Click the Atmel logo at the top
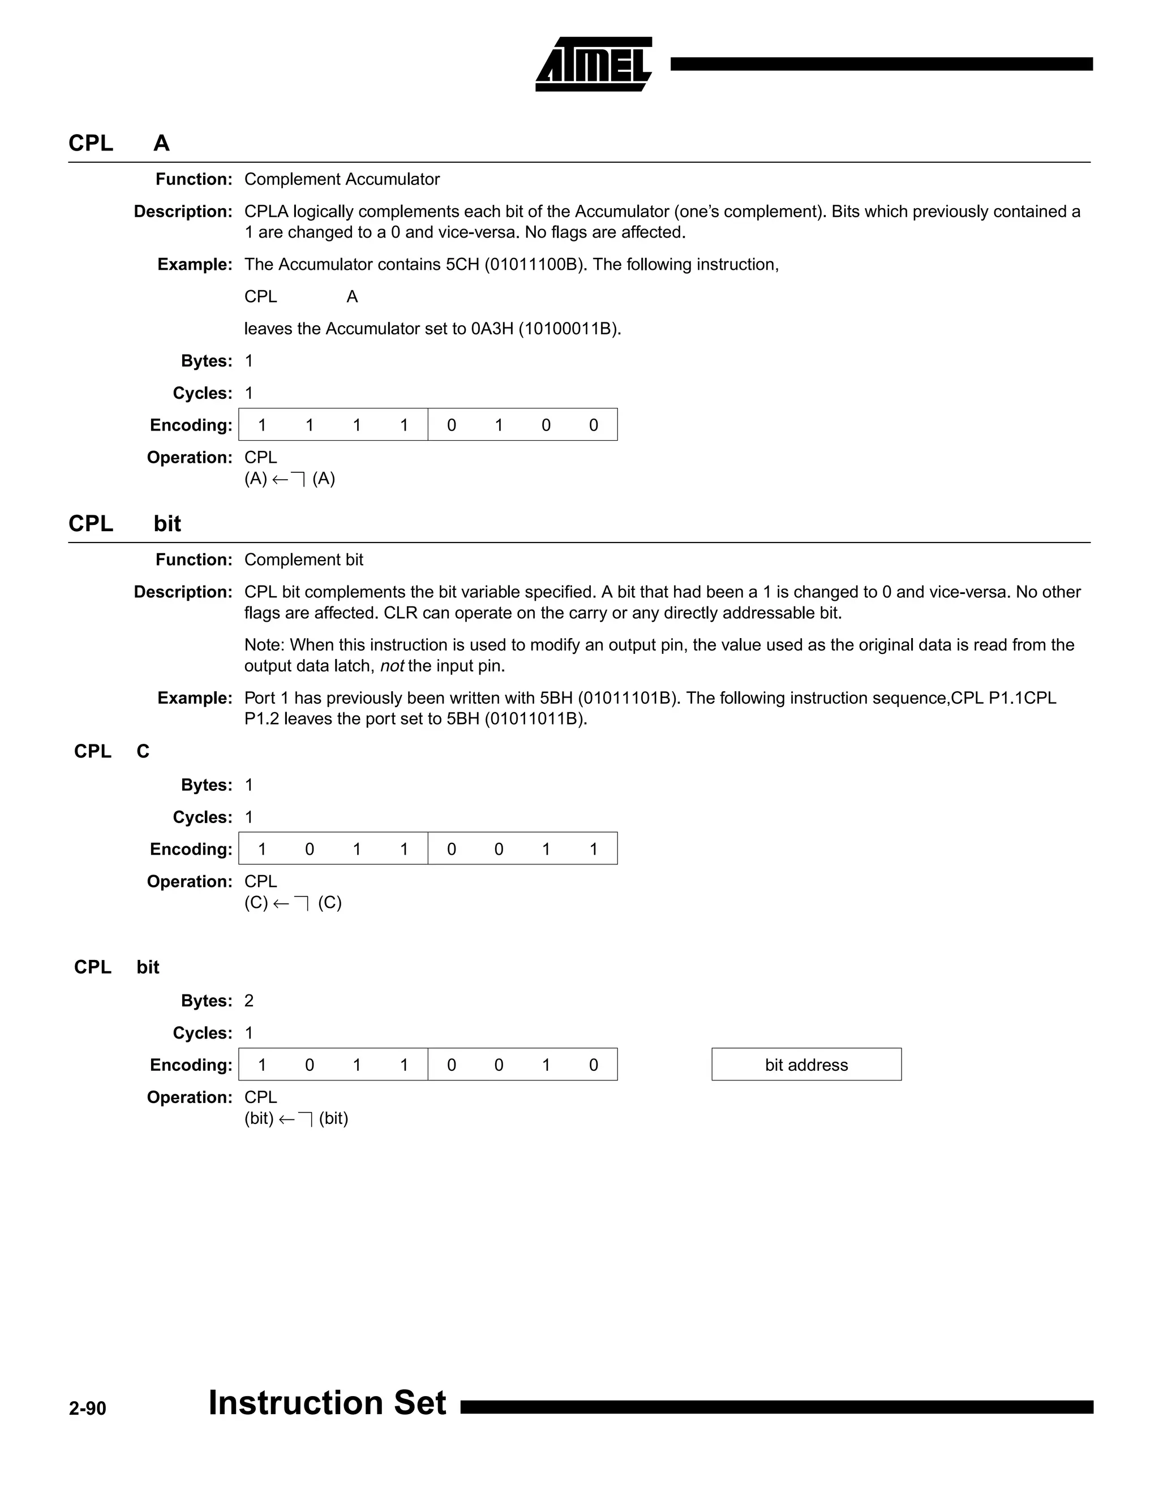click(593, 64)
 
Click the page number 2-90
click(87, 1408)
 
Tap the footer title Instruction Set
click(327, 1402)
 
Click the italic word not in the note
click(392, 666)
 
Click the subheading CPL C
click(111, 752)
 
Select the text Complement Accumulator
click(341, 179)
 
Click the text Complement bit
click(303, 559)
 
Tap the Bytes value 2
click(248, 1001)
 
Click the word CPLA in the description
click(266, 212)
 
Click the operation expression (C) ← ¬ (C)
click(293, 903)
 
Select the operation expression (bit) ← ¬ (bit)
click(296, 1119)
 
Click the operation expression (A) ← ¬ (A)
click(289, 479)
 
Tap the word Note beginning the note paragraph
click(264, 645)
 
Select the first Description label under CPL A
click(183, 212)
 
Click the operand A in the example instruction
click(351, 296)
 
